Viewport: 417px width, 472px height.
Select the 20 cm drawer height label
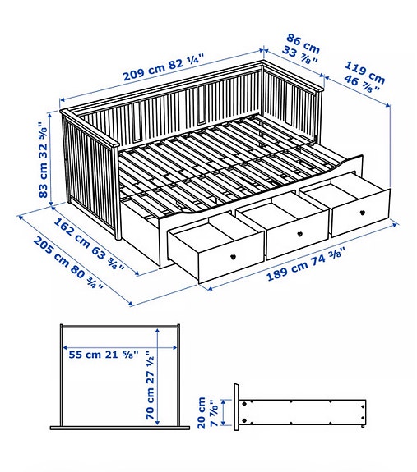tap(208, 413)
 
